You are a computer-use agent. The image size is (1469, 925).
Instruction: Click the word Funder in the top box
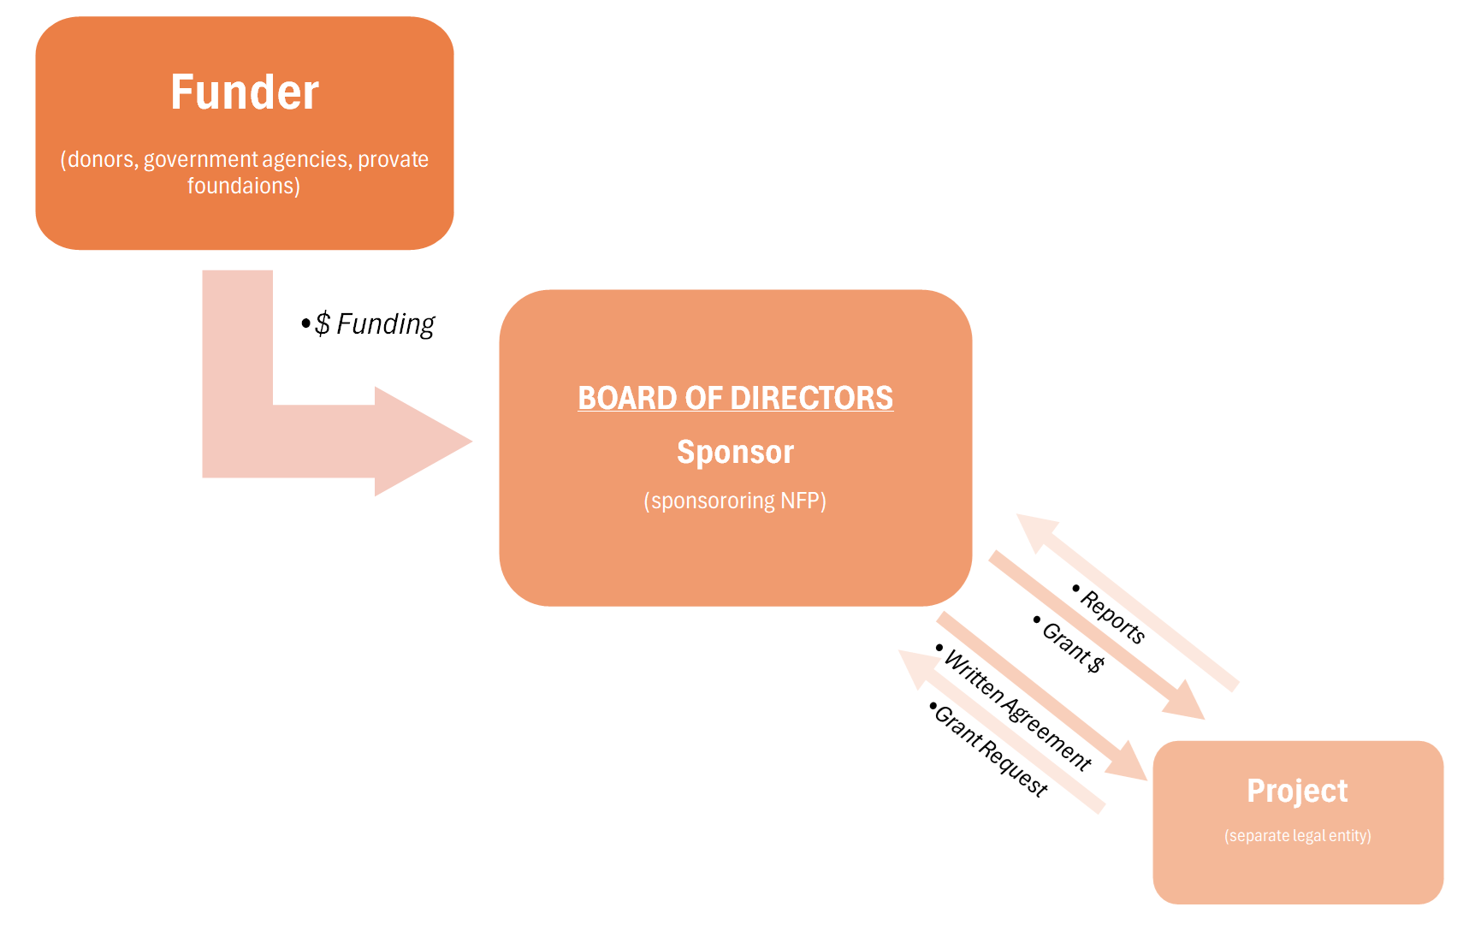pyautogui.click(x=245, y=92)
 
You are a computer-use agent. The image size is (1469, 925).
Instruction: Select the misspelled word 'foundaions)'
pyautogui.click(x=244, y=186)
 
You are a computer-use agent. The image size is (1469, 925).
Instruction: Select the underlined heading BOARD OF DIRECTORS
pyautogui.click(x=735, y=398)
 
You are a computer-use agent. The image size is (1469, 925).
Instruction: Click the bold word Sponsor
pyautogui.click(x=735, y=452)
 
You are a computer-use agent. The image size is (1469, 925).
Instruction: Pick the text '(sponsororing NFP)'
pyautogui.click(x=735, y=501)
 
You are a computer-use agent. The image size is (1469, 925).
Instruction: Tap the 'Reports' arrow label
pyautogui.click(x=1111, y=615)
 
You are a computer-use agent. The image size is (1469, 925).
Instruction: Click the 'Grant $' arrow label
pyautogui.click(x=1072, y=646)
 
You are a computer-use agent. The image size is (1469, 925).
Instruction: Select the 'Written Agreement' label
pyautogui.click(x=1017, y=709)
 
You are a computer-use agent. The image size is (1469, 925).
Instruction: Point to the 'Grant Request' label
pyautogui.click(x=990, y=750)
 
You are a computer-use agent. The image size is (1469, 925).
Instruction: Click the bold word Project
pyautogui.click(x=1297, y=791)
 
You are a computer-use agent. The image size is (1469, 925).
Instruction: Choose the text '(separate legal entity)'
pyautogui.click(x=1297, y=835)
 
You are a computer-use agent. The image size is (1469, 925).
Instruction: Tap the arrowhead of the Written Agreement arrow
pyautogui.click(x=1128, y=761)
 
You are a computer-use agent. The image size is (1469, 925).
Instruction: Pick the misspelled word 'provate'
pyautogui.click(x=394, y=159)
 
